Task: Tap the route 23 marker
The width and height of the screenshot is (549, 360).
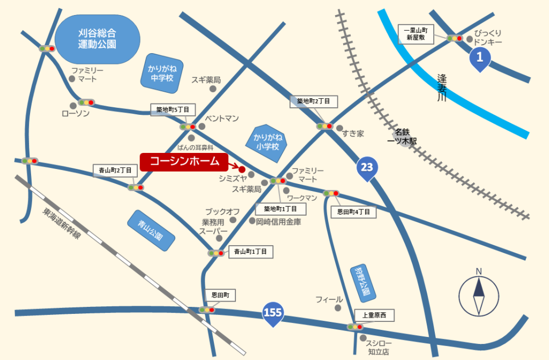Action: click(366, 168)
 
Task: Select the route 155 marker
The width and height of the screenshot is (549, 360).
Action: click(273, 313)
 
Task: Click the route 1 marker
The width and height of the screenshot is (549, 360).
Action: click(480, 57)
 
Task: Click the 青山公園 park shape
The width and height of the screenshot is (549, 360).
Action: click(152, 231)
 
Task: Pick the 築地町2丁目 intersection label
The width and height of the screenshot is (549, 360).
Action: click(314, 101)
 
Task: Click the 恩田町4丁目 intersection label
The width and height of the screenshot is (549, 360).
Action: click(353, 212)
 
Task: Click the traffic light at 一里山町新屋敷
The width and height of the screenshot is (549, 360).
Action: click(455, 38)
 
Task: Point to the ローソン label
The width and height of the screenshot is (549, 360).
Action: click(76, 114)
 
